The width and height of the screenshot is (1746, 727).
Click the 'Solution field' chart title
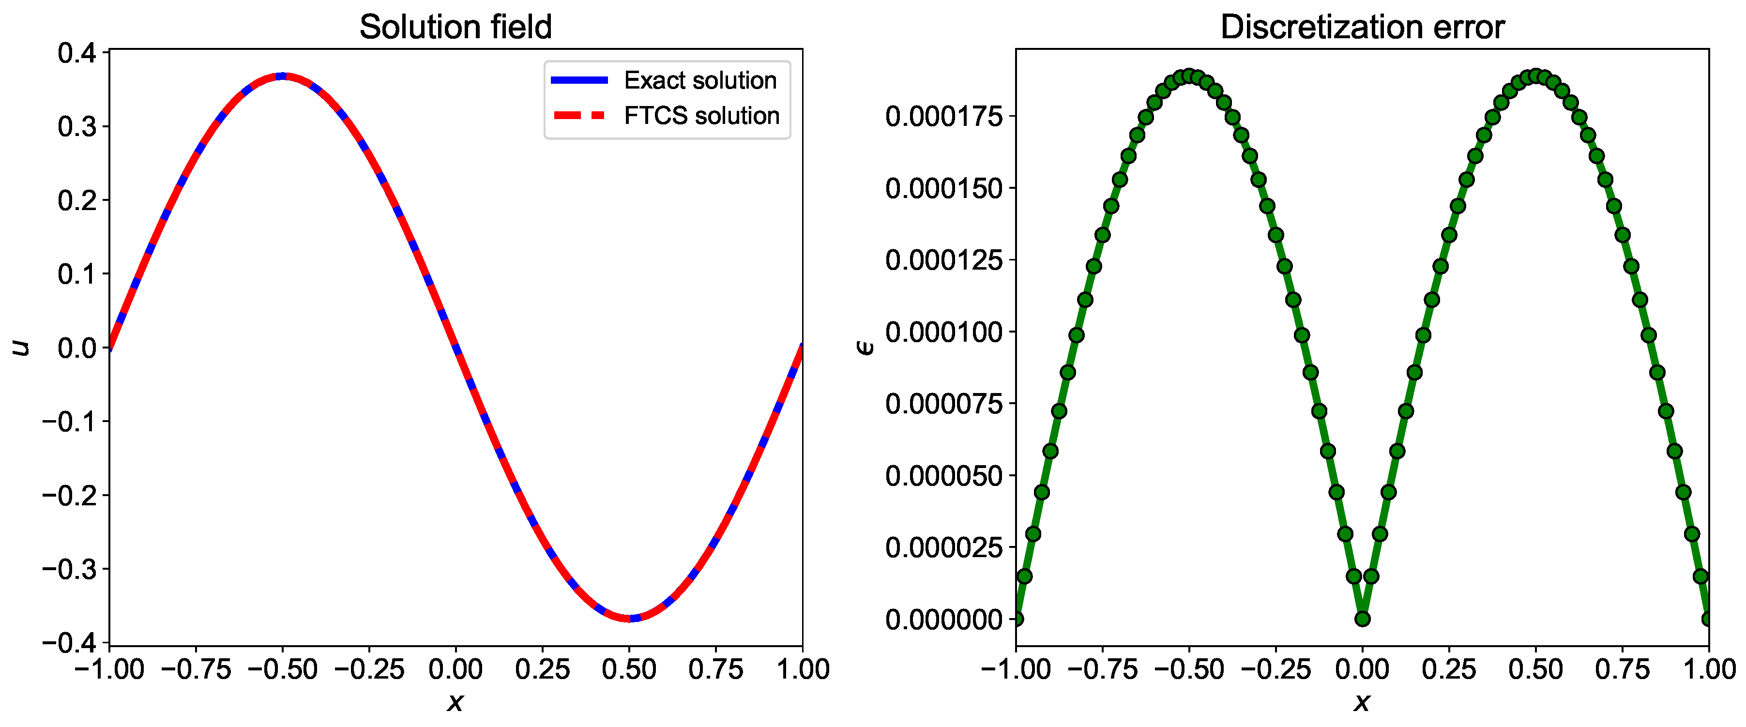(455, 27)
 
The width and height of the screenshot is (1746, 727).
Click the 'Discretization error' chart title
(1362, 27)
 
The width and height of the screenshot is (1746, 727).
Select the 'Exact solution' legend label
(699, 81)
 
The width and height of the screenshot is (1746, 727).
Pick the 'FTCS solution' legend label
(701, 116)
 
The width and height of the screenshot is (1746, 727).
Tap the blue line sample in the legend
(579, 81)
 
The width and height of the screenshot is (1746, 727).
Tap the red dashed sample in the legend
(579, 116)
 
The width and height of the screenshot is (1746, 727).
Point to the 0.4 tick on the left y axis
(78, 53)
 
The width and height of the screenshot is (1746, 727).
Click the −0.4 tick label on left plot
(70, 642)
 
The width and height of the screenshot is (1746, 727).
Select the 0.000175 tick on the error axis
(943, 117)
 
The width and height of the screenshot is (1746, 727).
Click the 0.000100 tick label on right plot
(943, 332)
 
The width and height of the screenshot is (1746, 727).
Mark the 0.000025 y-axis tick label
(943, 547)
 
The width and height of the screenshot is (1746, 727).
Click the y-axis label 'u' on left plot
(22, 348)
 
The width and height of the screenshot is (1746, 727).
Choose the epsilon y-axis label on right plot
(865, 348)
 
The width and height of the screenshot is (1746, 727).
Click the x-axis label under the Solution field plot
(455, 702)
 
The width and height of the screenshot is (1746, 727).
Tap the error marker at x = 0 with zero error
(1362, 619)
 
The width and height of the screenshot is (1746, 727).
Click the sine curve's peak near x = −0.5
(283, 76)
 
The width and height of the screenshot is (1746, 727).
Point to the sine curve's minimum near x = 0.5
(630, 618)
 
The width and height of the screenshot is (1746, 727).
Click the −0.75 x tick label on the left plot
(196, 669)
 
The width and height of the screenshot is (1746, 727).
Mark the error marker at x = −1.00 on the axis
(1016, 618)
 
